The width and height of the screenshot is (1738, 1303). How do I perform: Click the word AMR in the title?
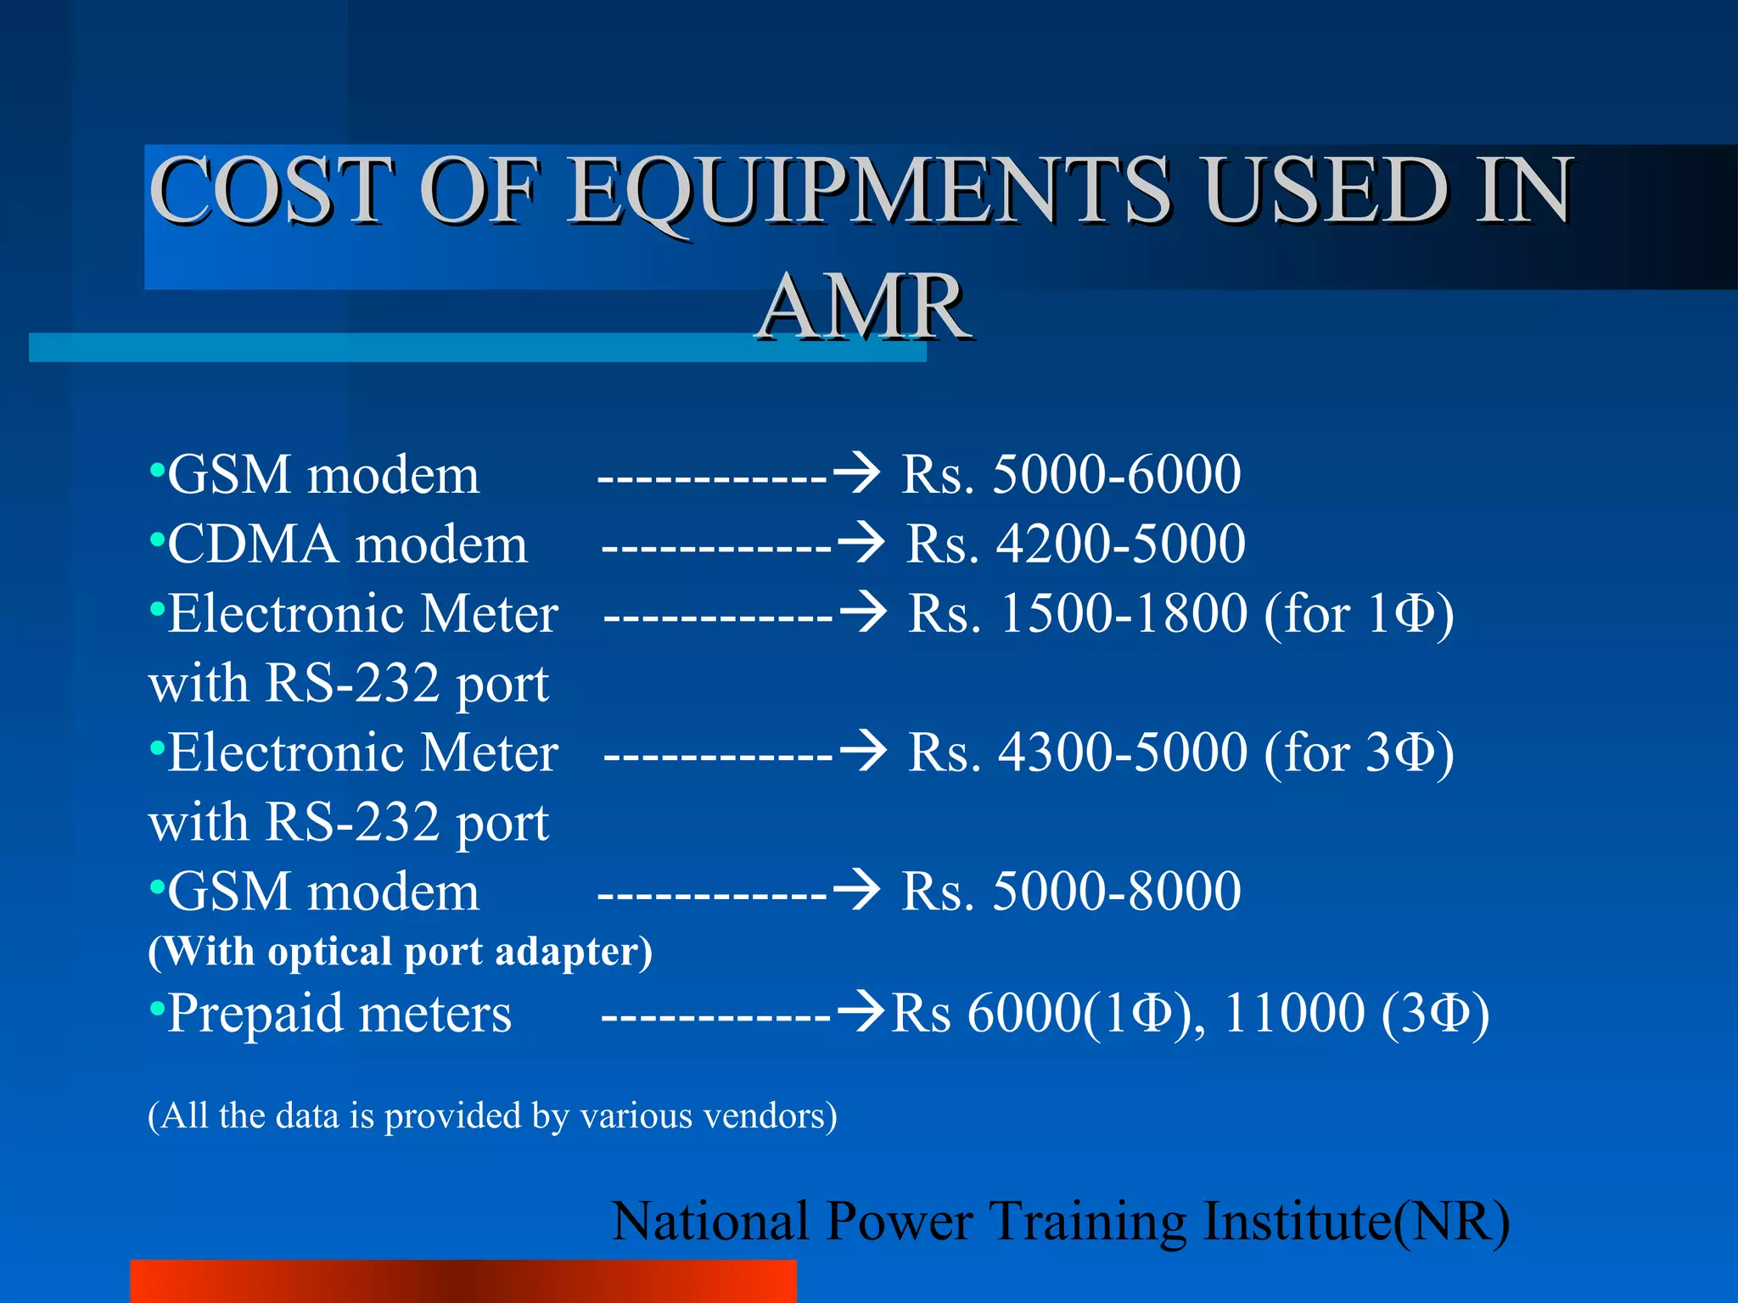[x=864, y=307]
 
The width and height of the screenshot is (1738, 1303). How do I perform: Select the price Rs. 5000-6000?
[x=1071, y=474]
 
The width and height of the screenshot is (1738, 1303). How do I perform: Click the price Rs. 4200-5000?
[x=1075, y=544]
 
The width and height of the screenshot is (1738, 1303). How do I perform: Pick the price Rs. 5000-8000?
[x=1071, y=892]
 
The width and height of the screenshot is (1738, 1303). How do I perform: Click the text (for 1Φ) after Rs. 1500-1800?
[x=1359, y=613]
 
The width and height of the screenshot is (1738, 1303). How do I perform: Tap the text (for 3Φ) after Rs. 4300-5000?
[x=1359, y=752]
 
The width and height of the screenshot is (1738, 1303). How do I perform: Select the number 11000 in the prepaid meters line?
[x=1293, y=1014]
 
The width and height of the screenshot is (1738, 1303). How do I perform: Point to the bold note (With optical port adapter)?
[x=400, y=952]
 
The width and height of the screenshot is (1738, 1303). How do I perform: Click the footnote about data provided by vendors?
[x=492, y=1116]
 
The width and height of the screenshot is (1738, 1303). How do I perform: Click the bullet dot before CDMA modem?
[x=156, y=539]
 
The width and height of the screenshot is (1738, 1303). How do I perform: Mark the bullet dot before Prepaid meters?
[x=156, y=1009]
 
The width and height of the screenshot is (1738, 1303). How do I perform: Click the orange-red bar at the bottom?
[x=463, y=1281]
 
